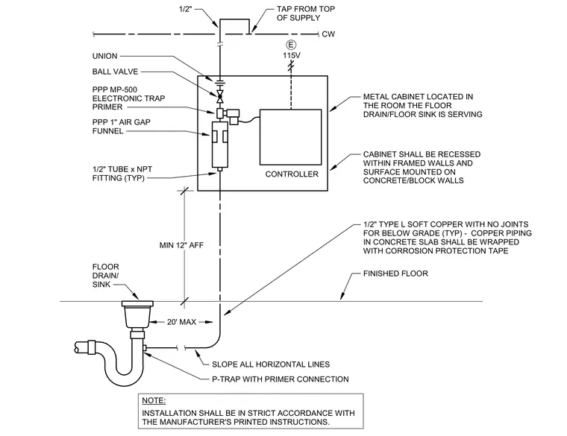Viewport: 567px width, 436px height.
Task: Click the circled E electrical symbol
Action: coord(291,45)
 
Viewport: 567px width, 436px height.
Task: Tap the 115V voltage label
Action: coord(292,56)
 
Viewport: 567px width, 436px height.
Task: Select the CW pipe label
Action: coord(328,34)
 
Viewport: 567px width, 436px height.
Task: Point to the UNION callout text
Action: coord(105,56)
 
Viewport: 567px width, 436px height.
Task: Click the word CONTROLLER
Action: coord(292,174)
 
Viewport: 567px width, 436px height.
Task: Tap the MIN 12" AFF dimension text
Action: coord(181,245)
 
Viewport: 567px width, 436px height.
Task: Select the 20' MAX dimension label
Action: coord(181,322)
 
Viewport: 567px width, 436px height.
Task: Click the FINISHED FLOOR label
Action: coord(395,274)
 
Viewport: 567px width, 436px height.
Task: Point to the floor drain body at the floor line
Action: coord(137,314)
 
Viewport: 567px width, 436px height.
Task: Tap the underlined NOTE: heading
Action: coord(154,401)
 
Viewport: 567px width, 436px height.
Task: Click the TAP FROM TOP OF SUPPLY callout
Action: coord(306,13)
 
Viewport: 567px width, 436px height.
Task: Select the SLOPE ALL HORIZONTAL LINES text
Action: coord(271,364)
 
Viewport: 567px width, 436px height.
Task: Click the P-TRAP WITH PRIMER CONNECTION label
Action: coord(281,379)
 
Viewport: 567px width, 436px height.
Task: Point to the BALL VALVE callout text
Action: coord(115,72)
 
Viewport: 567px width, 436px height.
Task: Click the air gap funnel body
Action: coord(220,145)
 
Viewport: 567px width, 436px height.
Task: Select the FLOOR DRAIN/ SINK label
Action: coord(106,276)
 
